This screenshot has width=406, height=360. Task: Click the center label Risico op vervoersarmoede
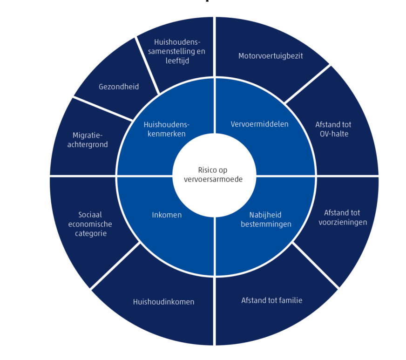point(214,175)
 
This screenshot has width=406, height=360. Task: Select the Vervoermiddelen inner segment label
point(259,124)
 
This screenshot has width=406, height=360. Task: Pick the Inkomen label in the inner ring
point(167,215)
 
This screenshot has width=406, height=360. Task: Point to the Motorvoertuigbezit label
point(271,56)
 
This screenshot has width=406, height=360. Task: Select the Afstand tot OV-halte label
point(333,129)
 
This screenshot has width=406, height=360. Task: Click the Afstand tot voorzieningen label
point(342,217)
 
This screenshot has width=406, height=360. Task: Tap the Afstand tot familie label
point(271,300)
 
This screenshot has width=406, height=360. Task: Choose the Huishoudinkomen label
point(163,302)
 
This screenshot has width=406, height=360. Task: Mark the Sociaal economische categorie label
point(90,224)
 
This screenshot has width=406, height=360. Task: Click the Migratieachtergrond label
point(90,140)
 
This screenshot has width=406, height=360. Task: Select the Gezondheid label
point(119,87)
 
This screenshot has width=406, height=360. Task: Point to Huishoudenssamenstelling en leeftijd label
point(176,52)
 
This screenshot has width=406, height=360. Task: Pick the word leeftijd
point(177,61)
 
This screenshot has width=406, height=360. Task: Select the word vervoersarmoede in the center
point(214,179)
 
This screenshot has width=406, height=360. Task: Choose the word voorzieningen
point(342,222)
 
